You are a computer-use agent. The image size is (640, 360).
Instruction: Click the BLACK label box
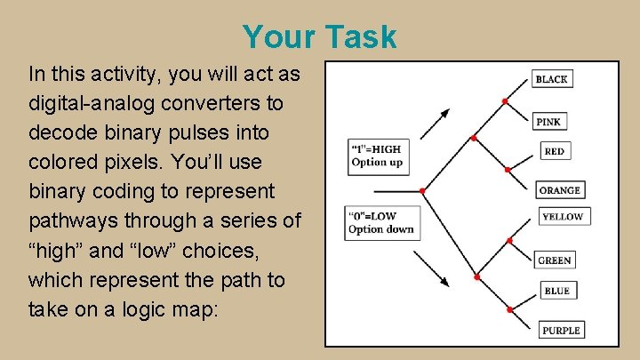tap(551, 79)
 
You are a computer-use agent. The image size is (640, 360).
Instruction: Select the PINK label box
tap(549, 121)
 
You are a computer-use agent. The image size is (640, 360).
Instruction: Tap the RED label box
tap(554, 151)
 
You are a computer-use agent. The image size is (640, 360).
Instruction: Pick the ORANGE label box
tap(559, 189)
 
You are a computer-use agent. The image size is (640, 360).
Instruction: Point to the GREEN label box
tap(554, 260)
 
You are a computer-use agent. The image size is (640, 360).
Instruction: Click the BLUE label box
tap(556, 291)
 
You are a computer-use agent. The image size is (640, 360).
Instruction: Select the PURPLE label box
tap(561, 331)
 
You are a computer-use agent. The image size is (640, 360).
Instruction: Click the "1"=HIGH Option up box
tap(376, 156)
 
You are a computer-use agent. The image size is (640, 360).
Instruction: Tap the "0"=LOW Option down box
tap(380, 222)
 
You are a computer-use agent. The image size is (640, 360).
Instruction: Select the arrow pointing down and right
tap(435, 268)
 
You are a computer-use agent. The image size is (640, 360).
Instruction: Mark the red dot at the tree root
tap(422, 190)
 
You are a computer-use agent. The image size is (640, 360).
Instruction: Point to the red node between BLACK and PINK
tap(505, 101)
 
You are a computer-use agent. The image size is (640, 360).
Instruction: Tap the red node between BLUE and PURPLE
tap(509, 309)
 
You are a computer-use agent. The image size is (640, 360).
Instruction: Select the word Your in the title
tap(278, 37)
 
